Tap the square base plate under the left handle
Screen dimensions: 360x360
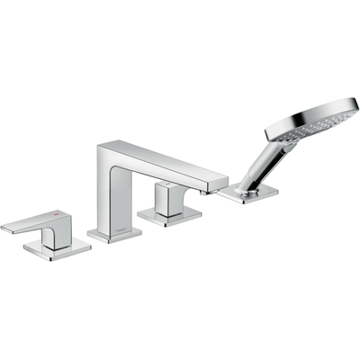pyautogui.click(x=57, y=247)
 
